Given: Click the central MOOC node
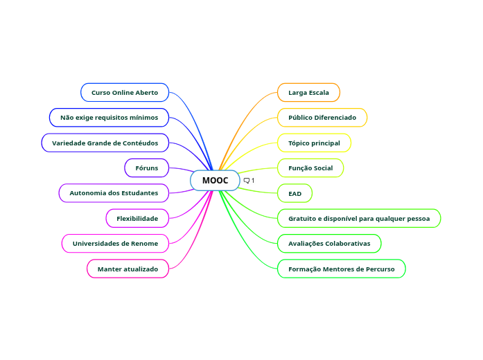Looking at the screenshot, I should point(215,181).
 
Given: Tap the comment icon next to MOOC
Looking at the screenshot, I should point(247,181).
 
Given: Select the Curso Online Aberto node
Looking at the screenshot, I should point(125,92).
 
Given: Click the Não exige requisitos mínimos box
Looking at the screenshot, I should point(109,118).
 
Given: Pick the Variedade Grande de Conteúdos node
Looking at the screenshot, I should point(105,143).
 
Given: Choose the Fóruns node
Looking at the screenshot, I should point(147,168).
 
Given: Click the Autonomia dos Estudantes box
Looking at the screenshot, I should point(114,193).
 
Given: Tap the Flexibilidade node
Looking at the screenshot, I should point(137,218).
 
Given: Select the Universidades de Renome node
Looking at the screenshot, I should point(115,244).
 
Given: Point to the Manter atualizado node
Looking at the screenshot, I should point(128,269).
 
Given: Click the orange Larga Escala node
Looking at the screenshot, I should point(308,92).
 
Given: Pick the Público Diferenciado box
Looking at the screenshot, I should point(322,118).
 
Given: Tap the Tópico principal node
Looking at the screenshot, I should point(314,143).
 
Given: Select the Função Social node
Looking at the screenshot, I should point(310,168).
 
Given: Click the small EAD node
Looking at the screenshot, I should point(295,193).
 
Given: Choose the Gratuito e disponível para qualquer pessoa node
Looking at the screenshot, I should point(359,218).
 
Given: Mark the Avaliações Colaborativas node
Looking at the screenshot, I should point(329,244).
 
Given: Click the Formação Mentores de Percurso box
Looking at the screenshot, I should point(342,269).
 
